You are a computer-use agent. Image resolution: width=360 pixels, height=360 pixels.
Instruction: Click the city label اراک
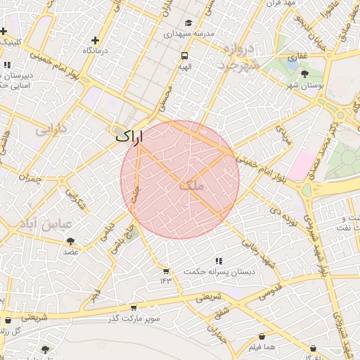tap(129, 136)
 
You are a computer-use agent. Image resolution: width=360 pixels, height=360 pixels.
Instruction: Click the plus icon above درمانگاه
tap(96, 40)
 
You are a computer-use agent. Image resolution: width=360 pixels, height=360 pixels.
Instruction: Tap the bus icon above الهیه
tap(184, 56)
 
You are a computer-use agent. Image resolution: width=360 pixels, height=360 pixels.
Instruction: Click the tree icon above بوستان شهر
tap(304, 73)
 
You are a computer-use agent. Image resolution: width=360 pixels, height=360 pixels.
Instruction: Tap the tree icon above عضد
tap(70, 241)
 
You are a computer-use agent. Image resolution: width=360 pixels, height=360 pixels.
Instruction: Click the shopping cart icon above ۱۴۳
tap(166, 271)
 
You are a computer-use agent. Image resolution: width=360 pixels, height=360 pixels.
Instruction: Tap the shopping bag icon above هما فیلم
tap(262, 337)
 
